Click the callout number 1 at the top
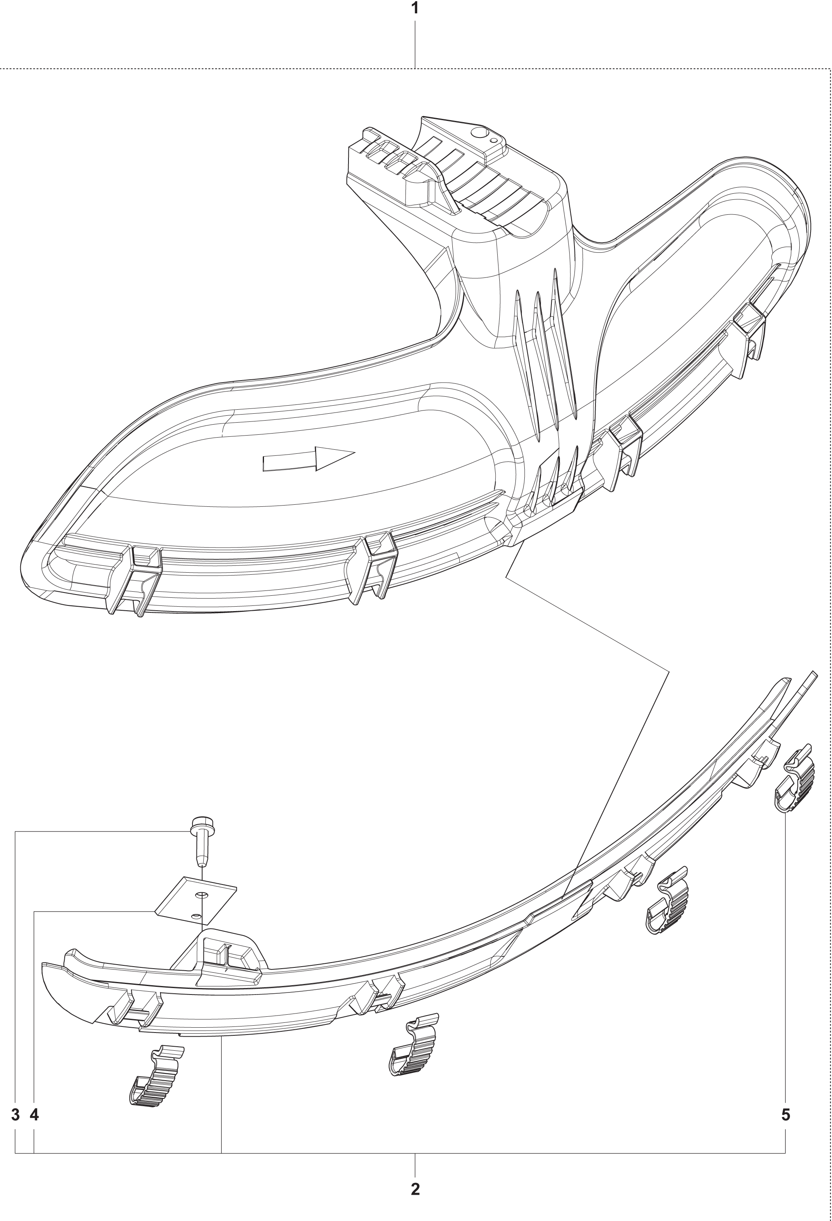click(415, 8)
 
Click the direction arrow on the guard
click(309, 459)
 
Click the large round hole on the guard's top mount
click(477, 133)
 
